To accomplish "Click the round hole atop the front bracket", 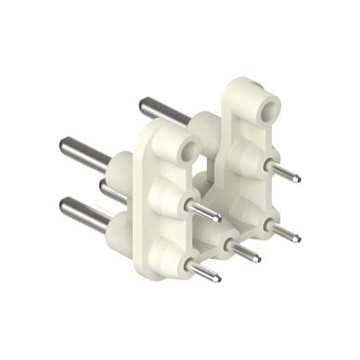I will click(186, 148).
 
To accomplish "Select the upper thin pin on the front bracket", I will click(203, 212).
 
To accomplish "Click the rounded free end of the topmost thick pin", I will click(142, 103).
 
